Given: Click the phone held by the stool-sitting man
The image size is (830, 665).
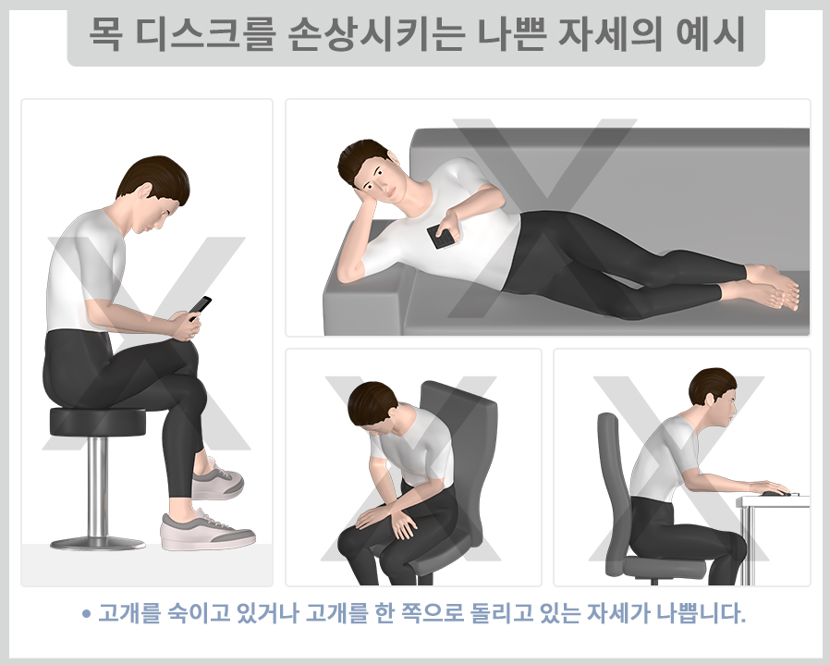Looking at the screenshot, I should tap(201, 306).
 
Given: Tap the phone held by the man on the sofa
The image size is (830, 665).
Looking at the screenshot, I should tap(443, 238).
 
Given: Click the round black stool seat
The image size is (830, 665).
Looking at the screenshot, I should tap(97, 422).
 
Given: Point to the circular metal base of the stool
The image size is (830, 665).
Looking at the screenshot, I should tap(97, 542).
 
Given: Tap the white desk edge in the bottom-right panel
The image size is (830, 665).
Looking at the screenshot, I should tap(773, 502).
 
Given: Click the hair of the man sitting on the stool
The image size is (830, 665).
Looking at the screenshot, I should tap(153, 176).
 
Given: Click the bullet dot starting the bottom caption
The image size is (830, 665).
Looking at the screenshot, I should tap(86, 613).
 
